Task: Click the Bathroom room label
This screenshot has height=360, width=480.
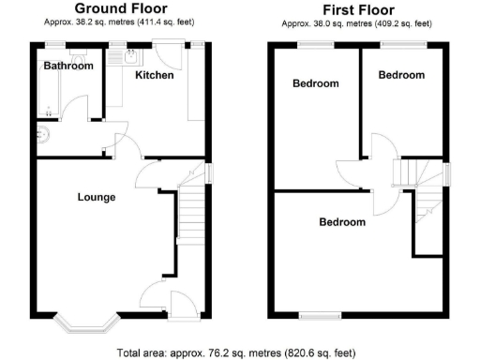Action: [68, 66]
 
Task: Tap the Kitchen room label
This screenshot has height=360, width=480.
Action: [154, 75]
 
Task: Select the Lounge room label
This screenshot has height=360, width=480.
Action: [97, 197]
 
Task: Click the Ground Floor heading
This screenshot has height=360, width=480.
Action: [121, 8]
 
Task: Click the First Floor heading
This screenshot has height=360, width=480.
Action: [355, 8]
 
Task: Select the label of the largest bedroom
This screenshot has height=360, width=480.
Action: [341, 222]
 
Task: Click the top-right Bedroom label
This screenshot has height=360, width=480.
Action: [400, 75]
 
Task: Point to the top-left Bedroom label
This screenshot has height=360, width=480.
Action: [315, 83]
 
